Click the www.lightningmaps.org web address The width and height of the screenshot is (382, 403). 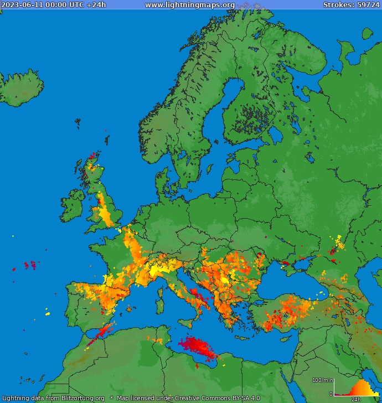click(190, 5)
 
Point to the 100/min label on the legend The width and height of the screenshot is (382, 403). click(322, 380)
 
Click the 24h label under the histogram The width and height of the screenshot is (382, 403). click(356, 399)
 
